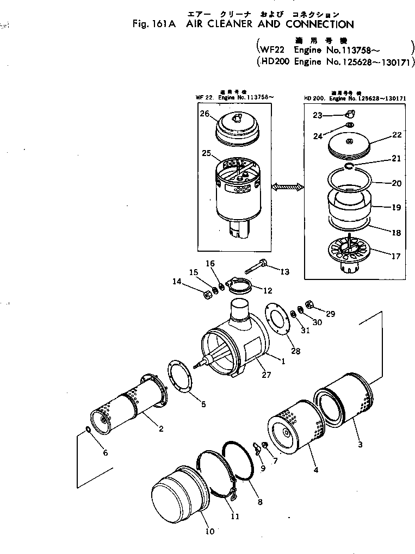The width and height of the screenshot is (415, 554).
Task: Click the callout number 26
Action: tap(204, 114)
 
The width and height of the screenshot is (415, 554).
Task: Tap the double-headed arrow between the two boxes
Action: tap(288, 187)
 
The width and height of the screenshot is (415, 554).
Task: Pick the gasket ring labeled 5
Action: tap(181, 375)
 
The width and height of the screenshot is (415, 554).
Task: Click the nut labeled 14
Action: tap(207, 295)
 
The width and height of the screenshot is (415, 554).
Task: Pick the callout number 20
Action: tap(397, 183)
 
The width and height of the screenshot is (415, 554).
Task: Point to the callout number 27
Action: tap(267, 374)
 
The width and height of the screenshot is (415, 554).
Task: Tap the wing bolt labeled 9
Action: tap(255, 447)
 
